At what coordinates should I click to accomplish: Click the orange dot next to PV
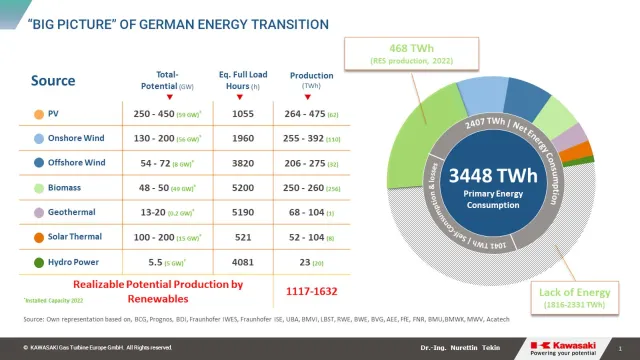pyautogui.click(x=37, y=113)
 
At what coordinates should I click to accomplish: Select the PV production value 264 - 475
pyautogui.click(x=312, y=113)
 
